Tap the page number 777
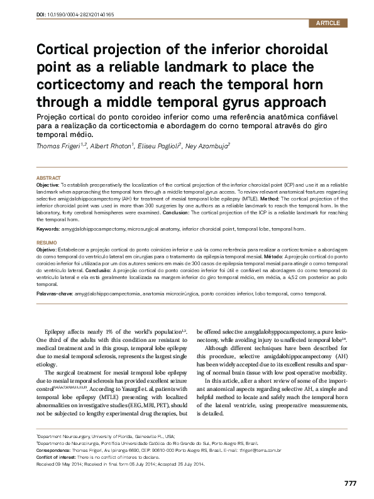pos(351,483)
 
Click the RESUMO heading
pos(46,242)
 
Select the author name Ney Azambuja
pos(204,145)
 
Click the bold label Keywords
pos(48,229)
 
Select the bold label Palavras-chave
pos(54,293)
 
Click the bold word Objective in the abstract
pos(48,186)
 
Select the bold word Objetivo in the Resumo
pos(47,249)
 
